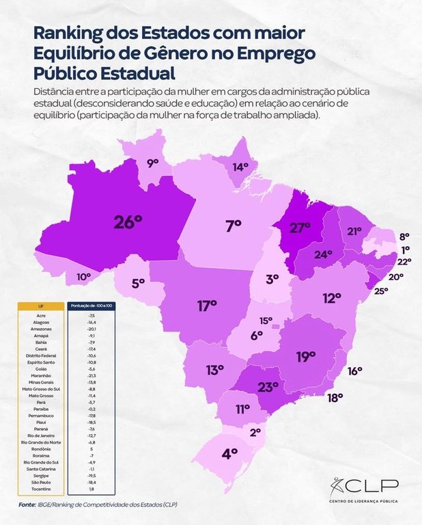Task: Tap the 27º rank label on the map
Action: pos(300,228)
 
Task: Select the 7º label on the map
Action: pos(234,225)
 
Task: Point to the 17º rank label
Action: pos(207,306)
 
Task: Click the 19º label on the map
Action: pos(305,355)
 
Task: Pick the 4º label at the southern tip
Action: pos(229,453)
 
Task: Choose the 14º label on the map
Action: pos(240,166)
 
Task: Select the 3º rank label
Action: pos(272,278)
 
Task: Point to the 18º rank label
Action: pos(334,398)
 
